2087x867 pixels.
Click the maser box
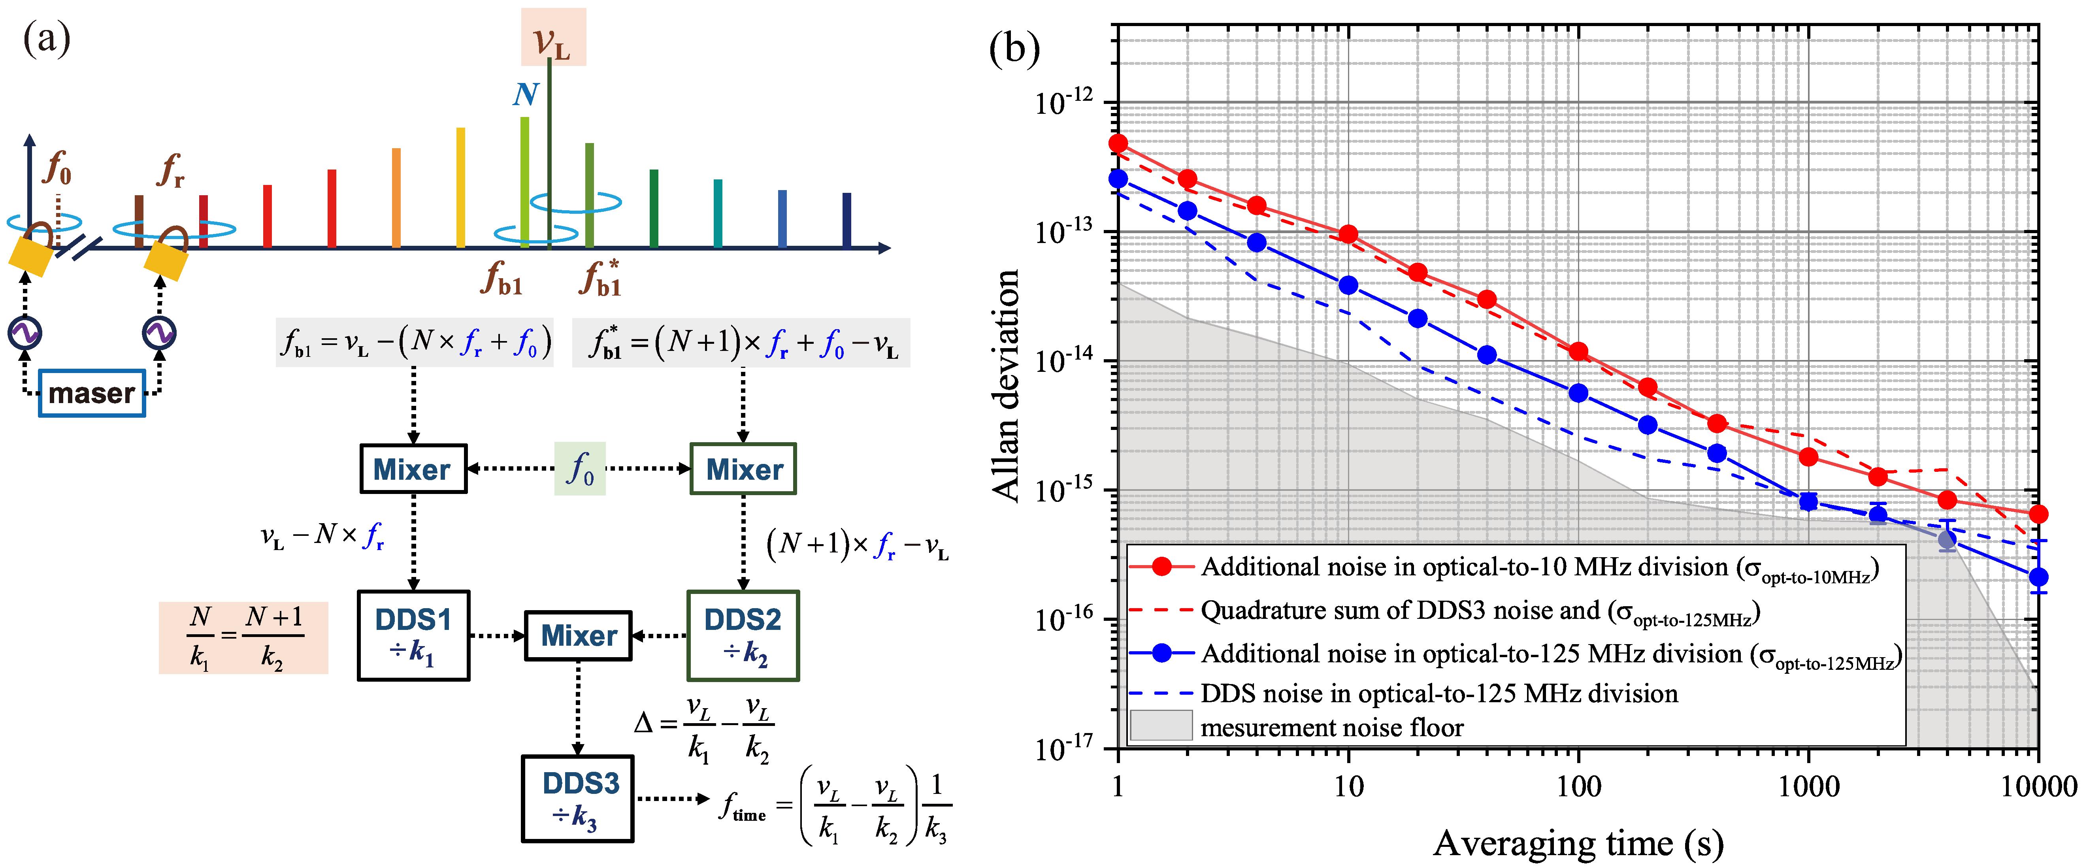92,393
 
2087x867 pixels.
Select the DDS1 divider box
413,635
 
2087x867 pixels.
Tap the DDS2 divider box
743,635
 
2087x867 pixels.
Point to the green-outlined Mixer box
743,468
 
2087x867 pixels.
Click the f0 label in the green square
580,468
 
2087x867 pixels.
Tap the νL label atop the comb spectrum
552,39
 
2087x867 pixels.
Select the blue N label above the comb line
525,95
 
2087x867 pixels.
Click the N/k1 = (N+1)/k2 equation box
243,638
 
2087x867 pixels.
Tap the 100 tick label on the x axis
1578,786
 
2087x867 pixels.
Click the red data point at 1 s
1118,143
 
